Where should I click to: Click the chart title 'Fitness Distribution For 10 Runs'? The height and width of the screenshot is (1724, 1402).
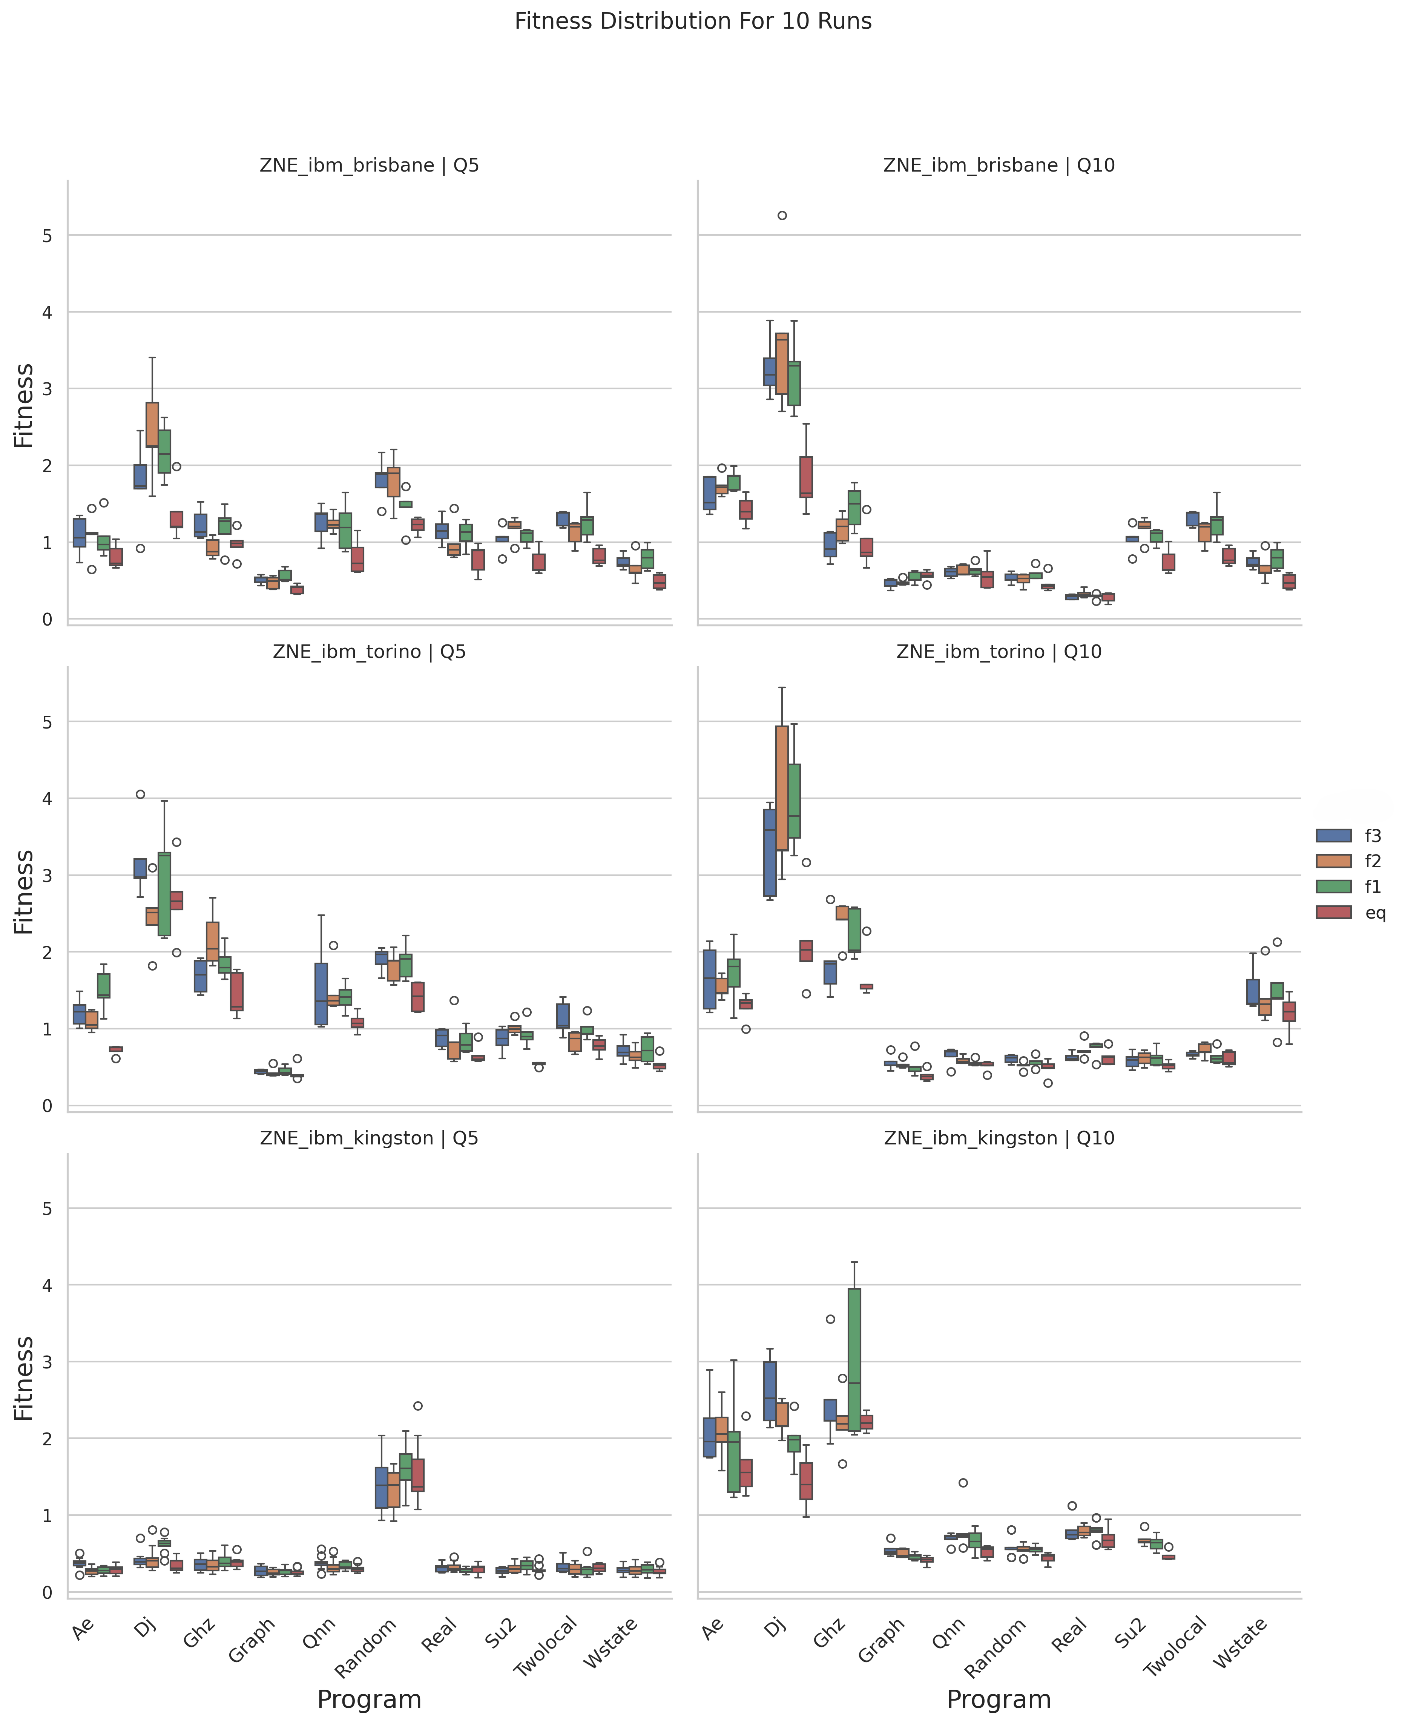(x=693, y=21)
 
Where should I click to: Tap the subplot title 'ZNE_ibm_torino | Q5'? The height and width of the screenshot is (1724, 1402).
(x=369, y=652)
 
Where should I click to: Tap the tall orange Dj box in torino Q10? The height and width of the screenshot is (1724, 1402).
(x=782, y=787)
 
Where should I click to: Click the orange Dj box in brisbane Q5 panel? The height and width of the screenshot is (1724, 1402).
(x=152, y=424)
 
